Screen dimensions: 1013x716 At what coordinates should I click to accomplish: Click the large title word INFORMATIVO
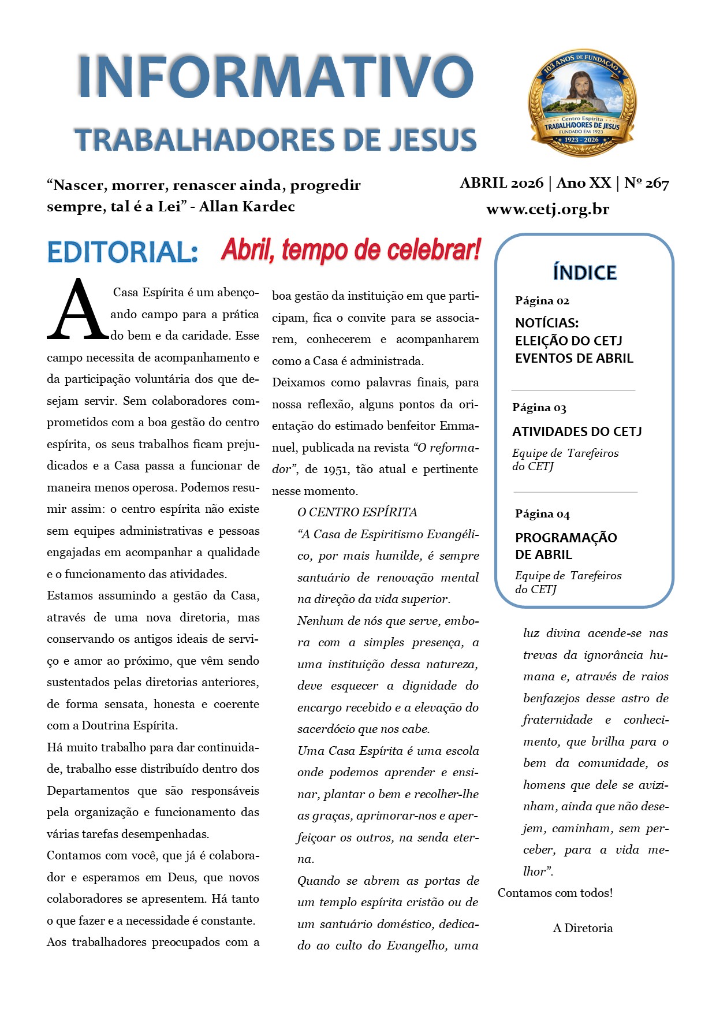point(276,77)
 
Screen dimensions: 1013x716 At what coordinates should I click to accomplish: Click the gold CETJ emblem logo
point(582,103)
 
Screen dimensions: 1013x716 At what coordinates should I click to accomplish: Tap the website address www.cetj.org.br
point(547,209)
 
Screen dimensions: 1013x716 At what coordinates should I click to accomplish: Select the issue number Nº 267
point(647,183)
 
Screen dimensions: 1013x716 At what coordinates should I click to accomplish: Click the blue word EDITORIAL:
point(122,252)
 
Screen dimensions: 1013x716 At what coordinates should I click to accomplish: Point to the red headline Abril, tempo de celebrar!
point(350,250)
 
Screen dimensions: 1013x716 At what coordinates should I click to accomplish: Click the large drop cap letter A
point(77,310)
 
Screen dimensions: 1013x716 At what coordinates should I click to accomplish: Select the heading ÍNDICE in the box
point(584,272)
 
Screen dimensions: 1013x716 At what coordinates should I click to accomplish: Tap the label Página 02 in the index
point(542,300)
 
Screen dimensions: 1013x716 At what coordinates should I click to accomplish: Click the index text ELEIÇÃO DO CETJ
point(568,341)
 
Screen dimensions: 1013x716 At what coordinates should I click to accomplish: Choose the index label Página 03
point(539,407)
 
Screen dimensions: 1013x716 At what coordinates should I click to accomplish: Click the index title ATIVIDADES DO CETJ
point(576,431)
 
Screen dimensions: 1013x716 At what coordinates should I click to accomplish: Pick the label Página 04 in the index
point(542,513)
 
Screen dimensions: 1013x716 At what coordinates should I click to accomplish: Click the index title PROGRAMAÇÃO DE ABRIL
point(565,546)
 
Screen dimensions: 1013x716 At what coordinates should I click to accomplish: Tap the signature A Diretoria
point(583,928)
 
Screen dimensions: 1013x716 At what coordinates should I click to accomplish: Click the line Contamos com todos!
point(555,893)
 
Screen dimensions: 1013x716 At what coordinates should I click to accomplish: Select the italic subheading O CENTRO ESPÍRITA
point(357,512)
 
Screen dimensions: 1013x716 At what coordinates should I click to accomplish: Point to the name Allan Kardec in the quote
point(247,206)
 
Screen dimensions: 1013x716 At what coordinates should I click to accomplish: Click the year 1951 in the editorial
point(336,469)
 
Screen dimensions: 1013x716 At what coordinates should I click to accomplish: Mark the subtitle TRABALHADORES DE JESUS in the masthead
point(275,140)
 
